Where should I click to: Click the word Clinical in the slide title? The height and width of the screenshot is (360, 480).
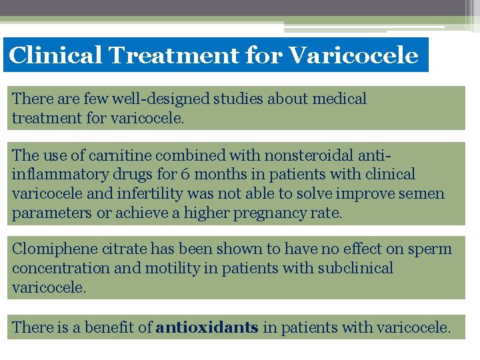55,55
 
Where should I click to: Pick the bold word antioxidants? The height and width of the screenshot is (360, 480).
207,328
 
